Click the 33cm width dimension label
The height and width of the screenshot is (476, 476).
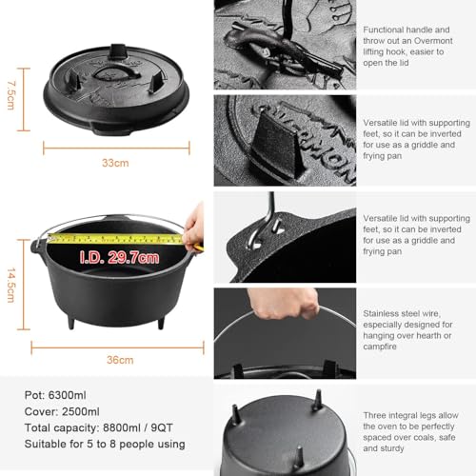(115, 163)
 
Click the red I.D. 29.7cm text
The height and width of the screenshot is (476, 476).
(114, 257)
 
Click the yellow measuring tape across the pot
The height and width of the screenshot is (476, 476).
(114, 238)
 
